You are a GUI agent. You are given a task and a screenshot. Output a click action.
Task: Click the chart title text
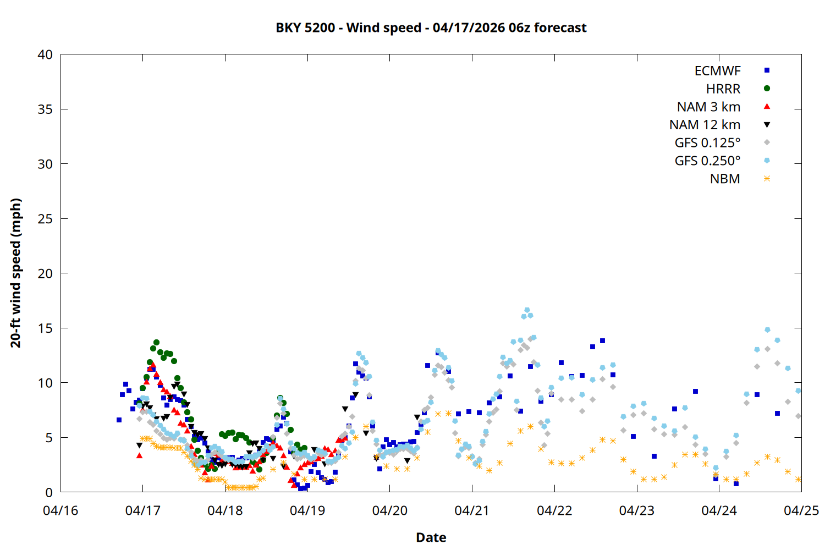[x=431, y=28]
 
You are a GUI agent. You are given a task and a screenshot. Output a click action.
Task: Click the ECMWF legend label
[x=717, y=71]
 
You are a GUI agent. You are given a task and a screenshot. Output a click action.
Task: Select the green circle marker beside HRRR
[x=767, y=89]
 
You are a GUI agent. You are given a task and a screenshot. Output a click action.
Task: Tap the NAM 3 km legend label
[x=708, y=107]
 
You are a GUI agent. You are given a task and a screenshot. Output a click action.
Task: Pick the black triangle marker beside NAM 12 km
[x=767, y=125]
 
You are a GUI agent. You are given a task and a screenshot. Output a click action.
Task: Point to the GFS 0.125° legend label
[x=707, y=143]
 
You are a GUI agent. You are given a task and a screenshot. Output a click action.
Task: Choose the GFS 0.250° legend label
[x=707, y=161]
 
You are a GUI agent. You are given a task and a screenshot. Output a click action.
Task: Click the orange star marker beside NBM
[x=767, y=179]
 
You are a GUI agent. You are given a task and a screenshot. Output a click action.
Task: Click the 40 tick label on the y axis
[x=45, y=55]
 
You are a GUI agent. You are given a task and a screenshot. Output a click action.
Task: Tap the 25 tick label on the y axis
[x=45, y=219]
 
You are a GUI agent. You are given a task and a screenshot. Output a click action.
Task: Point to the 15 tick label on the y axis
[x=45, y=328]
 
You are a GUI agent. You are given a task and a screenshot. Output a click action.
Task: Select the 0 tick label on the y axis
[x=49, y=492]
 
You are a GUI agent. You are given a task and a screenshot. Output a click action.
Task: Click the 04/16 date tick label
[x=61, y=511]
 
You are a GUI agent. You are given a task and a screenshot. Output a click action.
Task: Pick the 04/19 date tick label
[x=307, y=511]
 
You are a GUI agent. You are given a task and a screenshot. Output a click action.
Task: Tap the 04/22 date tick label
[x=554, y=511]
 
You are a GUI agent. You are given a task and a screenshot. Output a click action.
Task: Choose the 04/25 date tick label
[x=801, y=511]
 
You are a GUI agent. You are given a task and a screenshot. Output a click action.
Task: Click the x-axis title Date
[x=431, y=537]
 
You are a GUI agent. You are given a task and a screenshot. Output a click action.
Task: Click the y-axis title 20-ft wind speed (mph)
[x=16, y=273]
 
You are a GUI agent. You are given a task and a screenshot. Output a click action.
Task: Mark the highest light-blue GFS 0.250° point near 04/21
[x=527, y=310]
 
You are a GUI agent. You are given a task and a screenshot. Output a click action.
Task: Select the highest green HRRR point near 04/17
[x=156, y=343]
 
